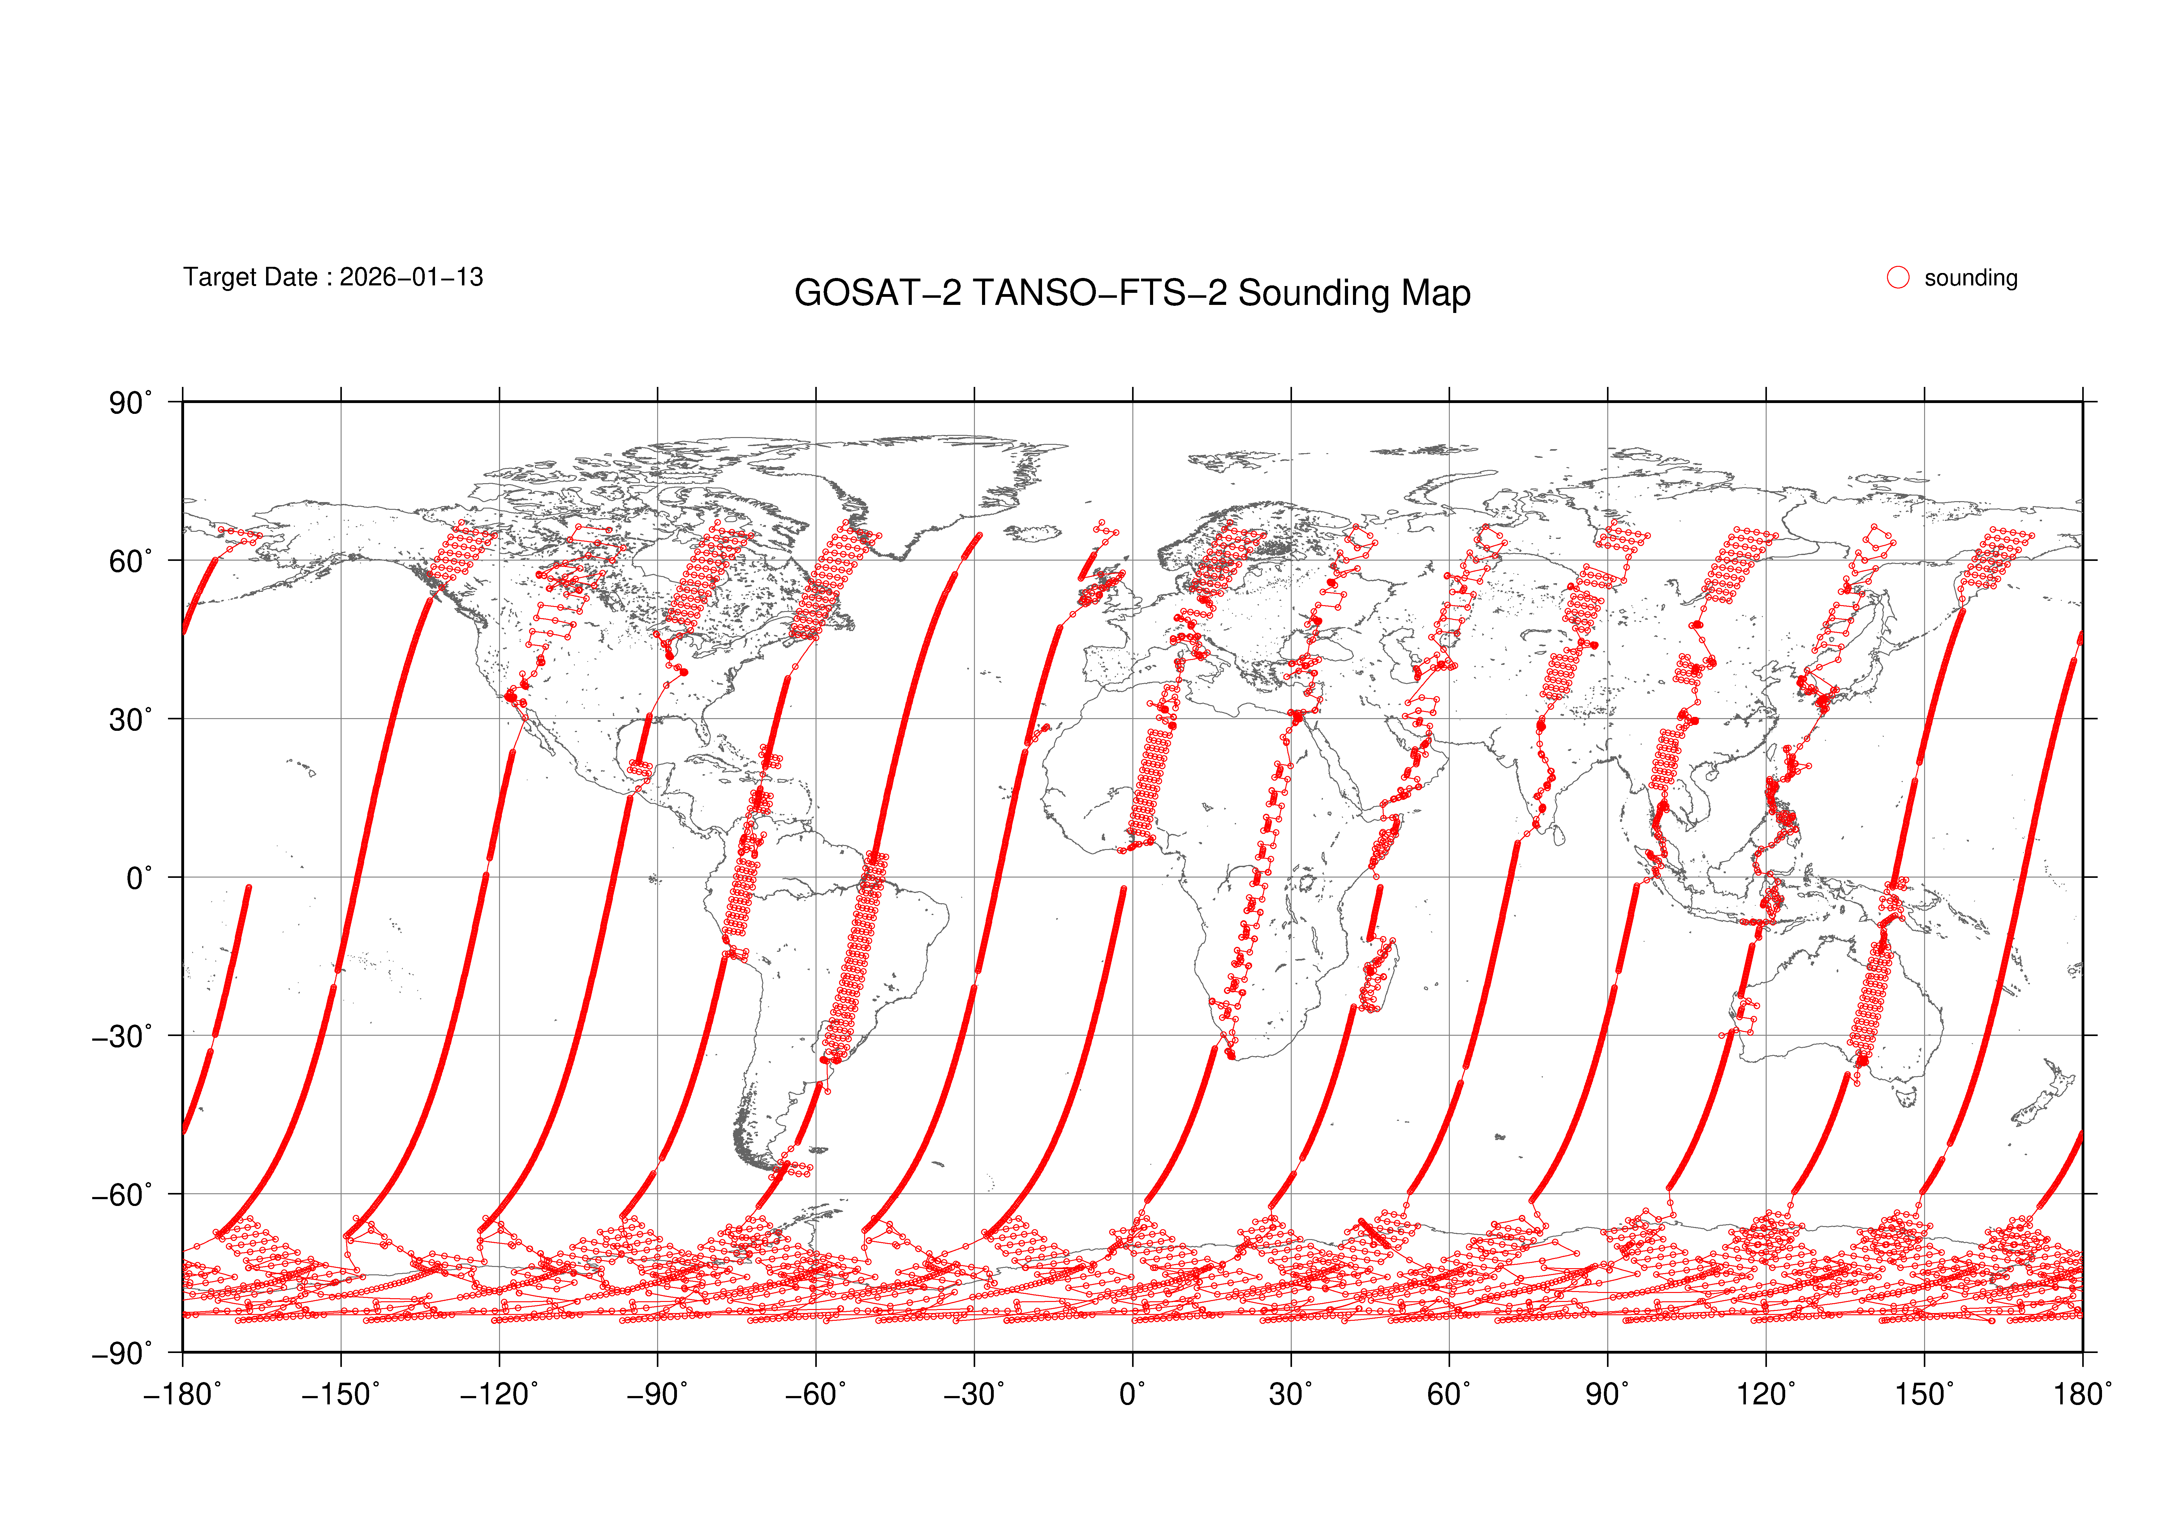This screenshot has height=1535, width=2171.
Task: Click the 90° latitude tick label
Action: click(130, 404)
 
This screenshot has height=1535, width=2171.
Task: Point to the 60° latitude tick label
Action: click(130, 562)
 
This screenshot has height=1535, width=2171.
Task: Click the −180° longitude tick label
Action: click(183, 1394)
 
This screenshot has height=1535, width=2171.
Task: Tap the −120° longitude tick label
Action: click(499, 1394)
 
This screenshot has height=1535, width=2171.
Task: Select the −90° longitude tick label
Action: click(657, 1394)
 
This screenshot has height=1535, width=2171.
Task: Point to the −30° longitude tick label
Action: click(974, 1394)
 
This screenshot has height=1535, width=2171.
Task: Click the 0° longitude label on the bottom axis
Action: click(1133, 1394)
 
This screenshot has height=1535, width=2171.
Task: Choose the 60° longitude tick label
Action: click(1449, 1394)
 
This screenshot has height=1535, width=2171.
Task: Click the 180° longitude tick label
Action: click(2082, 1394)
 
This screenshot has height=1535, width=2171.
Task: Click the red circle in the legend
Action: click(1898, 277)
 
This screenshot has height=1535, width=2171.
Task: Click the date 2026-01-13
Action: click(411, 277)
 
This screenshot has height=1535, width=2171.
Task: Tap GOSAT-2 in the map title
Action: click(877, 293)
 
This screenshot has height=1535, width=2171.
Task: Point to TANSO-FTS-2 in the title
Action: click(1100, 293)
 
